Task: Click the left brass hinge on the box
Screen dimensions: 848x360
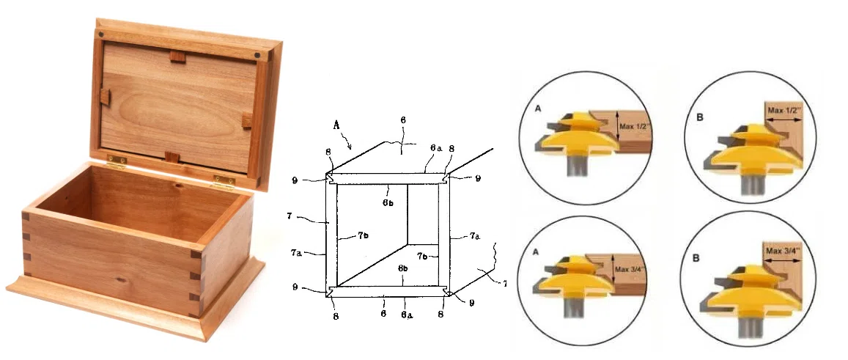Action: (117, 161)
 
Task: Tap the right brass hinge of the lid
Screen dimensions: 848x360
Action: (224, 181)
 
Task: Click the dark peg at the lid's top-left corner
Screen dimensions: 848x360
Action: (100, 35)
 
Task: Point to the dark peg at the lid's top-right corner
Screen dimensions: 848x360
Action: (257, 55)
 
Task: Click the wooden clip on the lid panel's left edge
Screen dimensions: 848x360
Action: (106, 98)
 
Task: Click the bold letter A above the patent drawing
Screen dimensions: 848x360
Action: (336, 125)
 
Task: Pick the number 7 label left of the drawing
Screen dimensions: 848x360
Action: (290, 216)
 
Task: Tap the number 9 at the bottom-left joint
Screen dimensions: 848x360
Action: (295, 287)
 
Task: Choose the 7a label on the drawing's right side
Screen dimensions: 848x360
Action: (474, 236)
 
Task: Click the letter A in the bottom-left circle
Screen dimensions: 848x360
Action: (537, 251)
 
